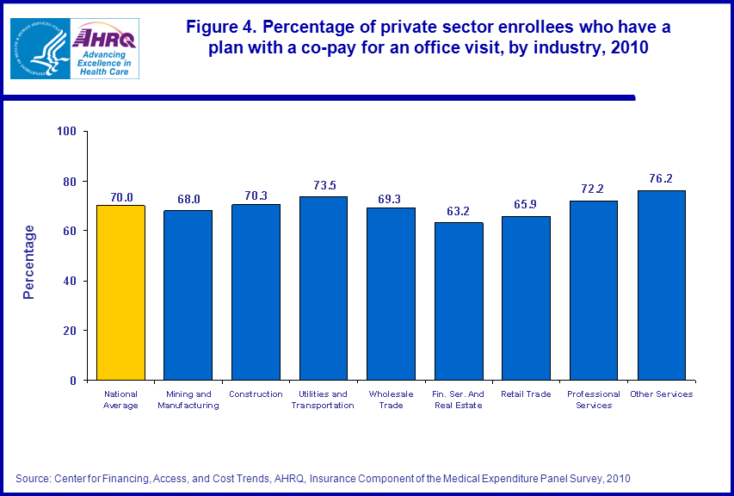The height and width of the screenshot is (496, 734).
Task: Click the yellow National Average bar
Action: (x=120, y=293)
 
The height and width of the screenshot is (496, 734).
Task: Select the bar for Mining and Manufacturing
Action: (x=188, y=294)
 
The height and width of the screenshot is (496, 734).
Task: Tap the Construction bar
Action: (x=256, y=292)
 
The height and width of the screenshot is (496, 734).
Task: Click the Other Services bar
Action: (x=662, y=285)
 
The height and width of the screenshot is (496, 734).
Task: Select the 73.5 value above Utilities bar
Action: (x=324, y=186)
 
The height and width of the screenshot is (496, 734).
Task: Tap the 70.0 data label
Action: (x=120, y=195)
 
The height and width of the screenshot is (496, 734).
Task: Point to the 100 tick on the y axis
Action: (x=68, y=132)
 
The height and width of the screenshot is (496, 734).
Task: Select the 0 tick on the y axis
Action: (x=73, y=381)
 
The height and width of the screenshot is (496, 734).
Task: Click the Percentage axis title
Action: (x=29, y=261)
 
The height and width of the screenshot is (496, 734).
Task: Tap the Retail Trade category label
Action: (x=526, y=394)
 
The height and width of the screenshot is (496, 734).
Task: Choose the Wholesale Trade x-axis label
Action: (x=391, y=400)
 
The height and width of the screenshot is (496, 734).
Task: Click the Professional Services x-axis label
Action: (x=594, y=400)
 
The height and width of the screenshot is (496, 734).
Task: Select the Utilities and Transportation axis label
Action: (x=323, y=400)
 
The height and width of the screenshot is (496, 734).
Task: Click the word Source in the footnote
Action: (x=34, y=477)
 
